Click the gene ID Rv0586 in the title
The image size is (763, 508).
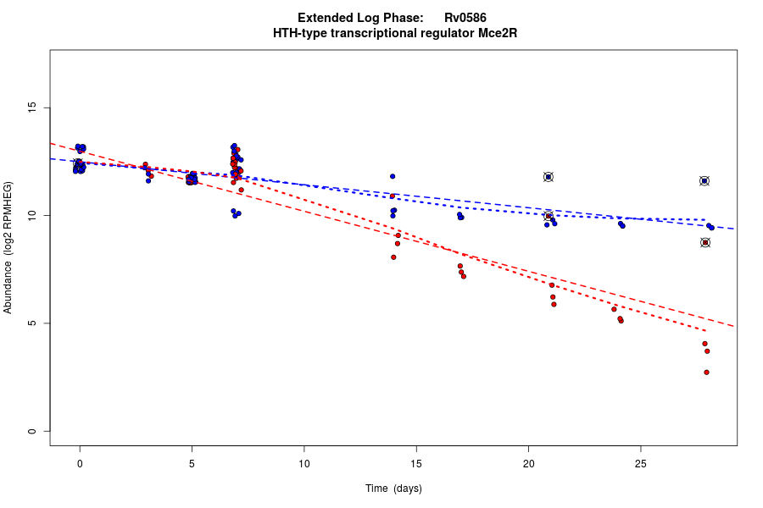click(x=465, y=18)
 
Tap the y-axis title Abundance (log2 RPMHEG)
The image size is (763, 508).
click(x=8, y=247)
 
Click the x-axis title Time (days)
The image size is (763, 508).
click(x=393, y=489)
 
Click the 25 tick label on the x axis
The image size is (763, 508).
click(x=640, y=462)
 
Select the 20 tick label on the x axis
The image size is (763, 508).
click(x=528, y=462)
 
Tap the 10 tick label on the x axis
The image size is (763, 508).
click(x=304, y=462)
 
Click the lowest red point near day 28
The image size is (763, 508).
click(x=706, y=373)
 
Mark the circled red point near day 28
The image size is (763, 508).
click(x=705, y=243)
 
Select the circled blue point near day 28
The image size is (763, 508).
click(x=705, y=181)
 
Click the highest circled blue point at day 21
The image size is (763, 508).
click(x=549, y=177)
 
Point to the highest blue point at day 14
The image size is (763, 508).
click(x=393, y=176)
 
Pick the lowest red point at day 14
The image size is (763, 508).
click(x=393, y=257)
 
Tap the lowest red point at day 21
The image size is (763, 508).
click(x=554, y=304)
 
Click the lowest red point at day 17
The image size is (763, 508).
click(x=464, y=276)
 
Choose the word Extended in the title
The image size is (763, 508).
click(x=327, y=18)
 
